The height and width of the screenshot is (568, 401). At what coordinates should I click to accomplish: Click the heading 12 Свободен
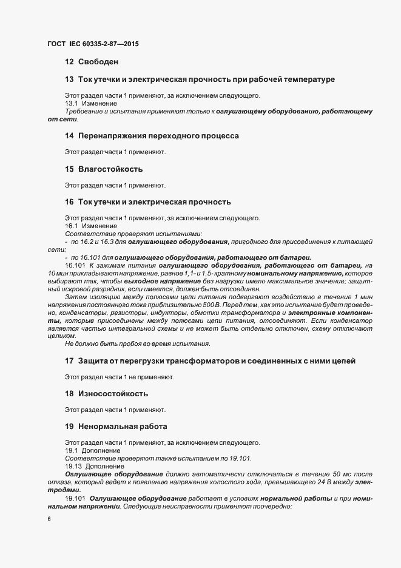[91, 62]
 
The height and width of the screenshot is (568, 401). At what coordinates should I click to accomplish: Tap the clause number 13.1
[73, 104]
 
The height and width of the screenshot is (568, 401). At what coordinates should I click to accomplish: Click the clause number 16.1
[73, 226]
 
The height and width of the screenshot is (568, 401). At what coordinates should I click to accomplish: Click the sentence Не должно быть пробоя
[137, 344]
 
